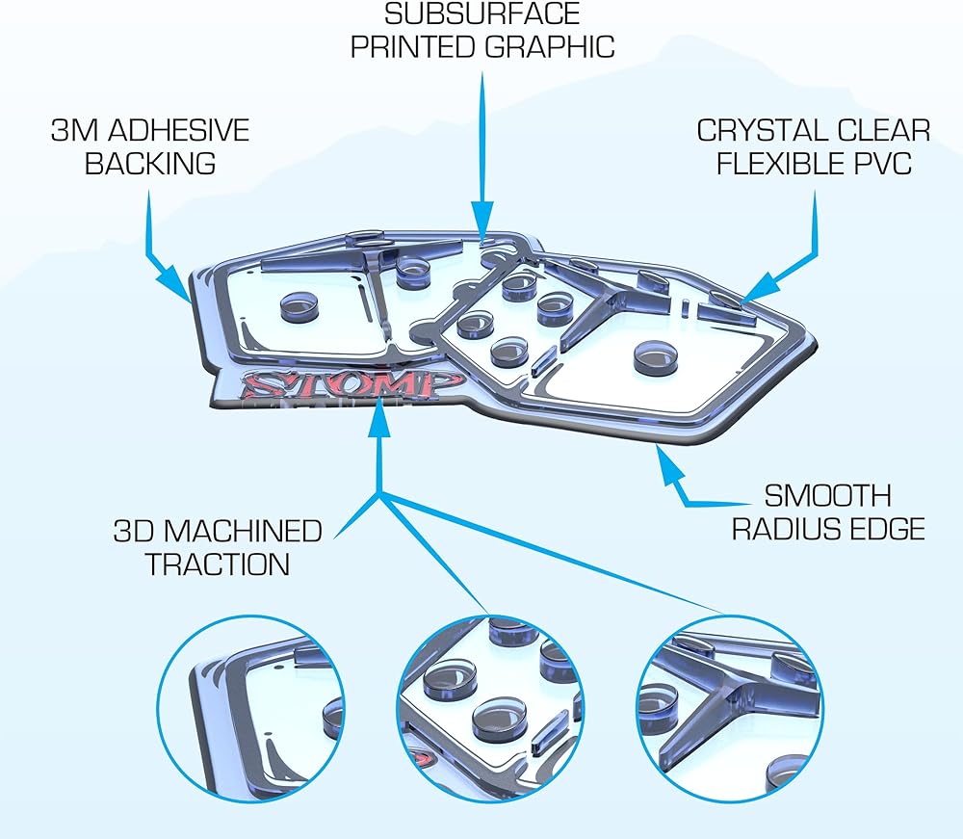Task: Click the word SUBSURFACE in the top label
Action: (482, 13)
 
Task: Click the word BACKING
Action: (150, 163)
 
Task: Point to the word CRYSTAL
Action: (756, 130)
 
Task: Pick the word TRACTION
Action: (218, 564)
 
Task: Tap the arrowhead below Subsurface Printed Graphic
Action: (482, 218)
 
